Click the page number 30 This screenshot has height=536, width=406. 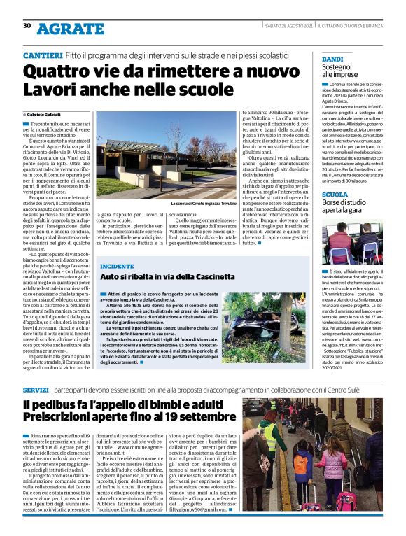[x=27, y=25]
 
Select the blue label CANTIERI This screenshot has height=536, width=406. [x=43, y=55]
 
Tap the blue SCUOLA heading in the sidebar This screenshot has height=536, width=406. [x=335, y=194]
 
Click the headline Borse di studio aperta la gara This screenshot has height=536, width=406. [x=351, y=206]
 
